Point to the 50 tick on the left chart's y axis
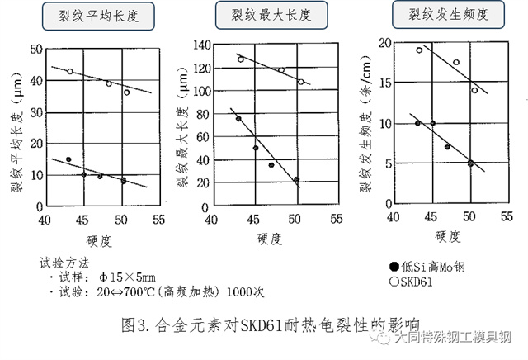pyautogui.click(x=35, y=49)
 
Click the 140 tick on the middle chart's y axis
pyautogui.click(x=199, y=44)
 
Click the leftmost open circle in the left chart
pyautogui.click(x=70, y=72)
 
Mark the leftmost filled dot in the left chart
pyautogui.click(x=68, y=159)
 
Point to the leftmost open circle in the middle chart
pyautogui.click(x=241, y=59)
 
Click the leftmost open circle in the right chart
pyautogui.click(x=419, y=50)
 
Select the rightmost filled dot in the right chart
pyautogui.click(x=470, y=163)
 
